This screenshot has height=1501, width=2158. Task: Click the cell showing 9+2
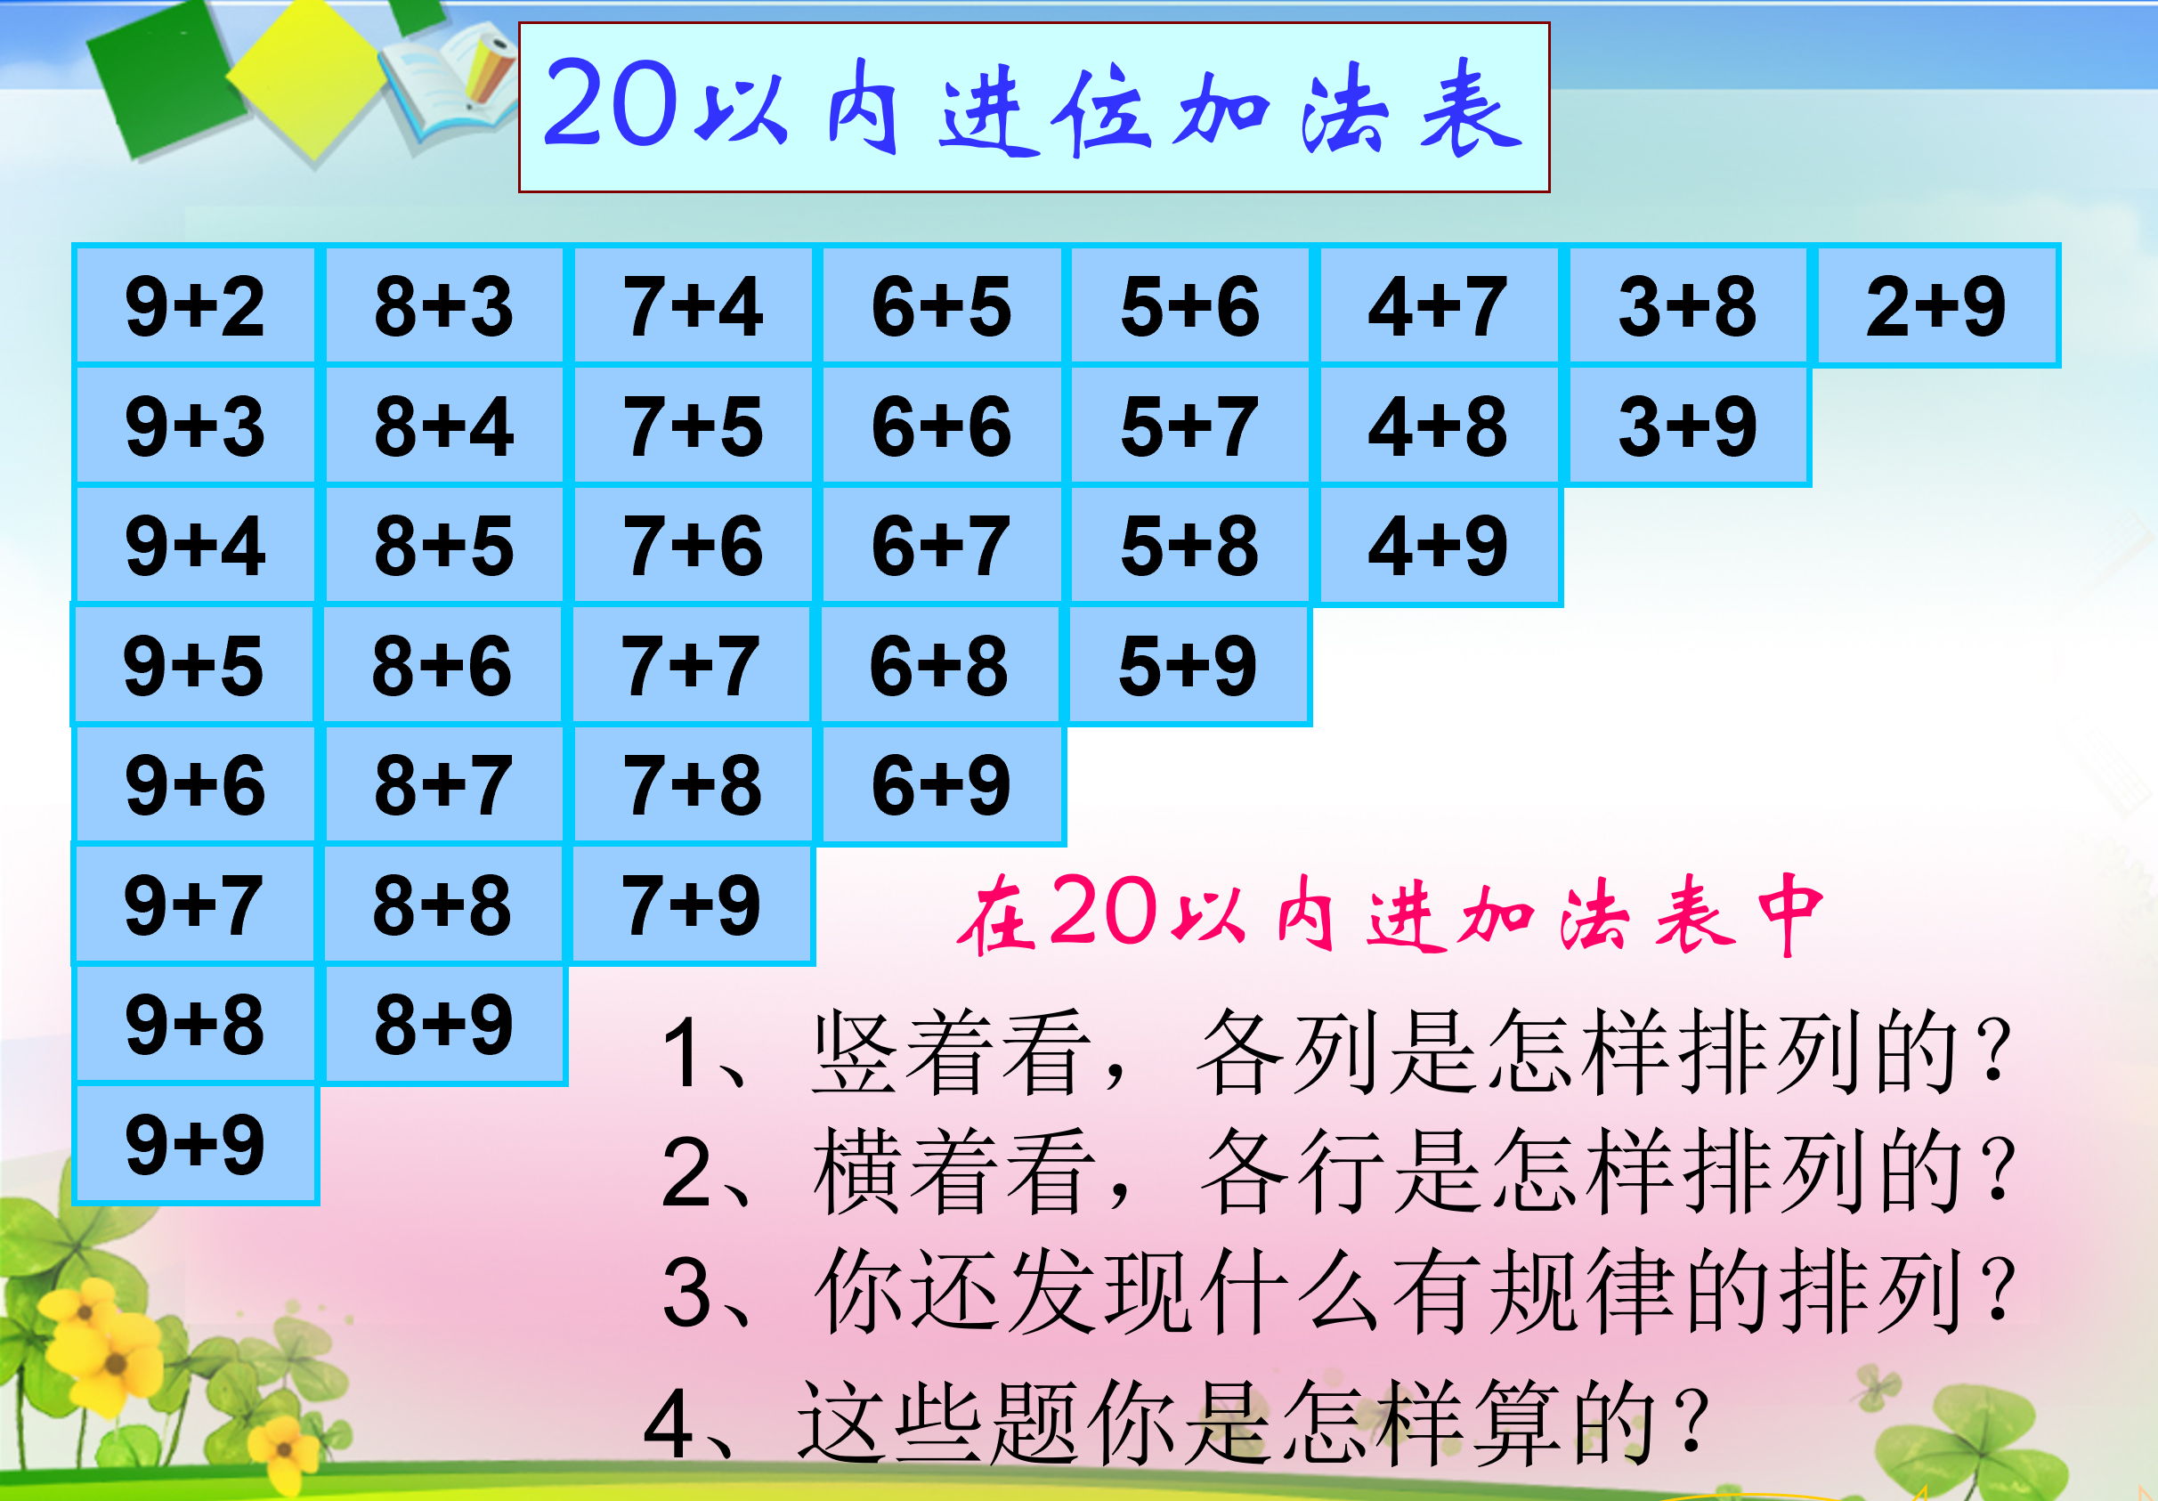click(x=196, y=305)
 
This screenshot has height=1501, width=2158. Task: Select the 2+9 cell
click(x=1937, y=305)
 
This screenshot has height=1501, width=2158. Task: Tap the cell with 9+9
click(x=196, y=1144)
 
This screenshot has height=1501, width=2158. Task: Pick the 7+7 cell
click(x=691, y=665)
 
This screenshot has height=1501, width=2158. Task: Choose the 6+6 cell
click(x=942, y=426)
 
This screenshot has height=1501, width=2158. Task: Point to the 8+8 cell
click(x=442, y=905)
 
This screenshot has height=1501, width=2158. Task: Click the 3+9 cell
click(x=1688, y=426)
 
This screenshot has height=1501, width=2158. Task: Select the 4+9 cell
click(x=1439, y=545)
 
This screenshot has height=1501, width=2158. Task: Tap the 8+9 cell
click(x=443, y=1025)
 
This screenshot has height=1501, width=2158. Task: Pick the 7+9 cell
click(x=692, y=905)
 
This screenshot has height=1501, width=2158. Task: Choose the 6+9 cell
click(x=942, y=785)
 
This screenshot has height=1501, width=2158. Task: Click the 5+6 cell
click(x=1190, y=305)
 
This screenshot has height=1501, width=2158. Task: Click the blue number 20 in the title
click(x=612, y=103)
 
